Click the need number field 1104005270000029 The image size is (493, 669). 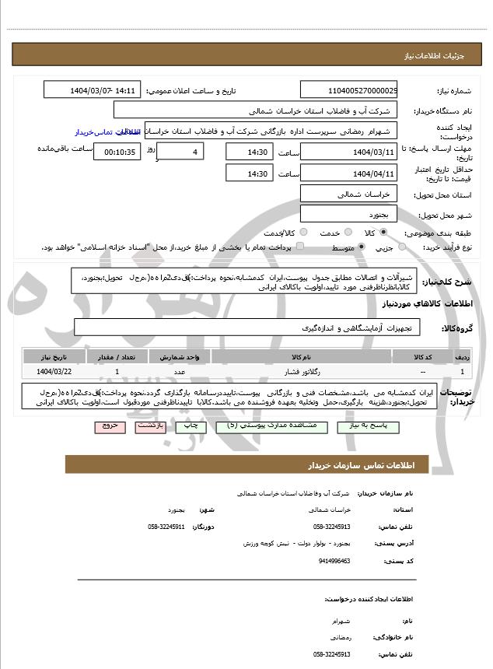348,90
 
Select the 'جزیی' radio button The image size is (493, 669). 402,247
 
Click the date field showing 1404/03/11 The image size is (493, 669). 348,152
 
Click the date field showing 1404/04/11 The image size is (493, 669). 348,173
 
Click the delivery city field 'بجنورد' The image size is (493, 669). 348,212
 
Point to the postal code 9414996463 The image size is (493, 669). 334,560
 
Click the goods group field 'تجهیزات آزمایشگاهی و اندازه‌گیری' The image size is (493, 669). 247,328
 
